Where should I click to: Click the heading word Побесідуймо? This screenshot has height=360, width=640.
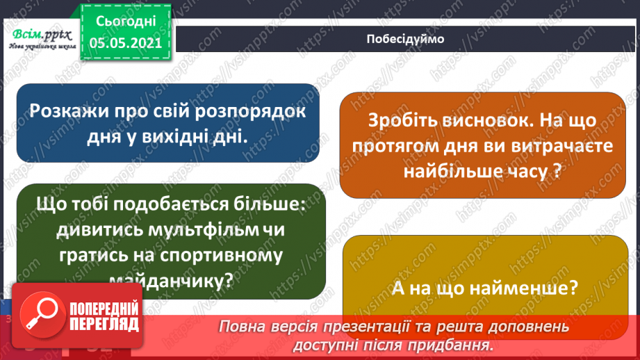(405, 39)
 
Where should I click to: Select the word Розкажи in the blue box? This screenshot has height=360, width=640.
(69, 111)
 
